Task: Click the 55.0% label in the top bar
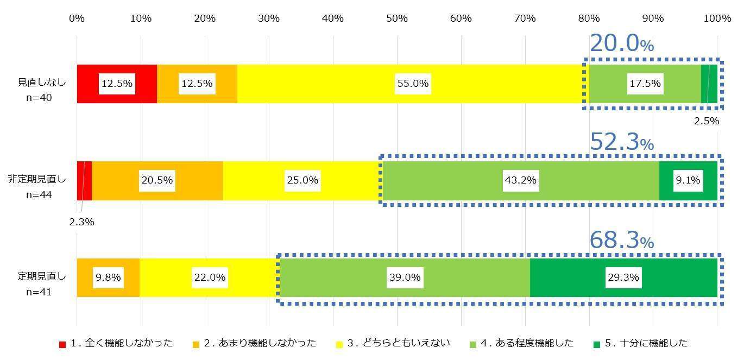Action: point(413,84)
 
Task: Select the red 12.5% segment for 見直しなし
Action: point(117,84)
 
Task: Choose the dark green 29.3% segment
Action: point(623,277)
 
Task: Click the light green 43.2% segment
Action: point(520,180)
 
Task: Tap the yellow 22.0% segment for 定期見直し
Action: point(210,277)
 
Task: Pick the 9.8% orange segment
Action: point(108,277)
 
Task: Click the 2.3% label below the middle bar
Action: point(81,222)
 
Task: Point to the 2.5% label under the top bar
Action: point(706,121)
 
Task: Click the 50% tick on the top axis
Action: point(396,18)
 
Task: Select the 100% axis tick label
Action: point(717,18)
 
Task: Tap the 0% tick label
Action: point(77,18)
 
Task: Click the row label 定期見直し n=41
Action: point(41,284)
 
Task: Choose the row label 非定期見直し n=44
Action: point(37,186)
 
